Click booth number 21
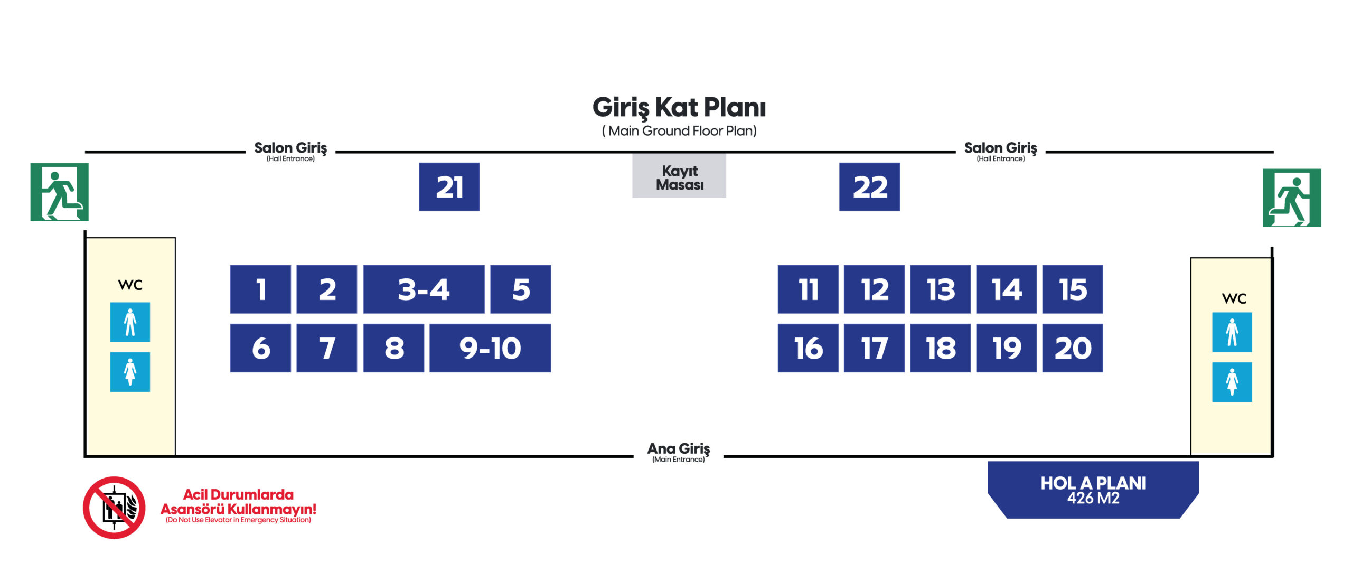tap(449, 187)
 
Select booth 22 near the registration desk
tap(869, 187)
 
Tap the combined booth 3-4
tap(424, 289)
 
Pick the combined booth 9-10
tap(490, 348)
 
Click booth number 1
tap(260, 289)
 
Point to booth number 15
tap(1072, 289)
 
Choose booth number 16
tap(808, 348)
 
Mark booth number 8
tap(393, 348)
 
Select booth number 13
tap(940, 289)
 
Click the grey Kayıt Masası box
tap(679, 176)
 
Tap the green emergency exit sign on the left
tap(59, 192)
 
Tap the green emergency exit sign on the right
tap(1292, 198)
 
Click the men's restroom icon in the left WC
tap(130, 322)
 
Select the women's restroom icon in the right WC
tap(1232, 382)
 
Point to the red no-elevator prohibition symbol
tap(114, 508)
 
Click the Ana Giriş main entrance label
tap(679, 452)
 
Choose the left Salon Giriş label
tap(290, 151)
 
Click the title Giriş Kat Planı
tap(679, 108)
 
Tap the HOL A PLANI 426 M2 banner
tap(1093, 490)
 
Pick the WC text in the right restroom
tap(1234, 298)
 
